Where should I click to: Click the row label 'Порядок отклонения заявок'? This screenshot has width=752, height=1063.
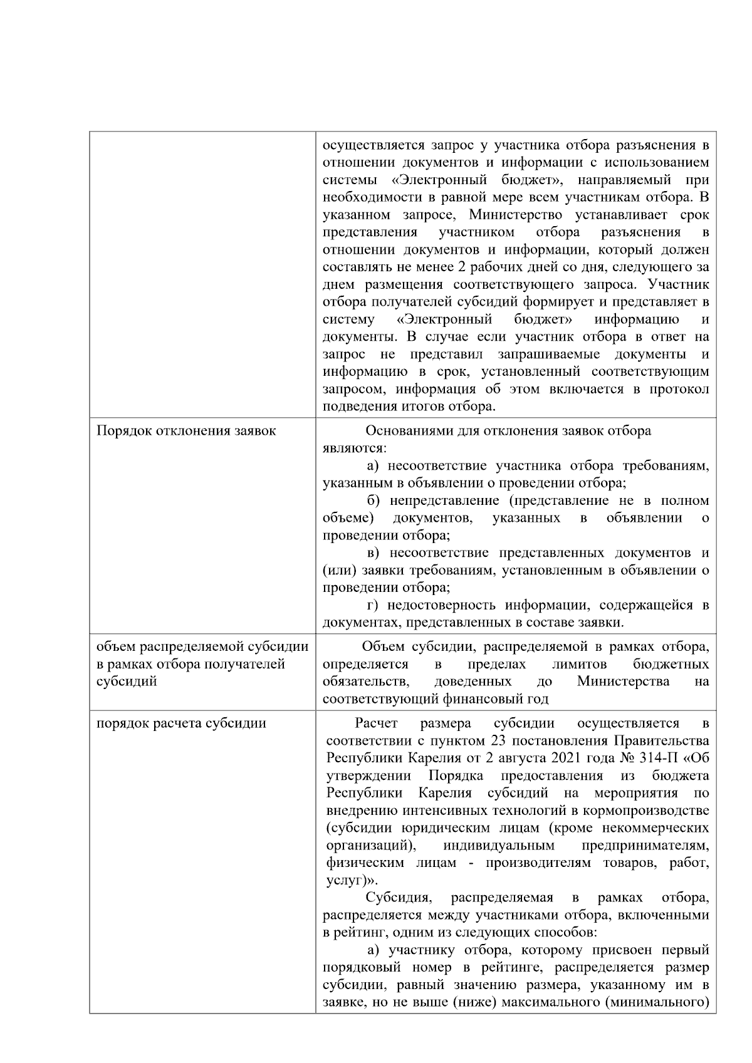pos(186,431)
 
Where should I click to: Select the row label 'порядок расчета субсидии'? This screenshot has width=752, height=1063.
pos(181,723)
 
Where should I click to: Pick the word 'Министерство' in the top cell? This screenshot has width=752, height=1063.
pos(505,215)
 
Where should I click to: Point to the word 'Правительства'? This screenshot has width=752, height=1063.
pos(662,741)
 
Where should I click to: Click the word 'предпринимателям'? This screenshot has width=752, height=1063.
pos(645,846)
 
